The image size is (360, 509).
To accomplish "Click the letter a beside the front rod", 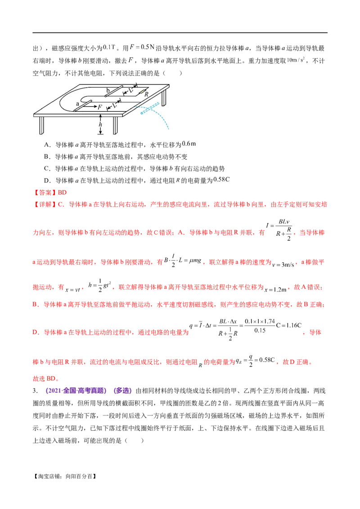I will (77, 103).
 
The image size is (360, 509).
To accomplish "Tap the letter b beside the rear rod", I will (108, 90).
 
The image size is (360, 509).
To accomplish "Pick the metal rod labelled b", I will (114, 92).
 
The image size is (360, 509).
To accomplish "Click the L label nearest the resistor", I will (130, 91).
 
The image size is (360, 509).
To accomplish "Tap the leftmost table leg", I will (42, 125).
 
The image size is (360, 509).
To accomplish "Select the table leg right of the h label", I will (116, 125).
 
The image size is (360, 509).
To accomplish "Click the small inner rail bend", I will (83, 98).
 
